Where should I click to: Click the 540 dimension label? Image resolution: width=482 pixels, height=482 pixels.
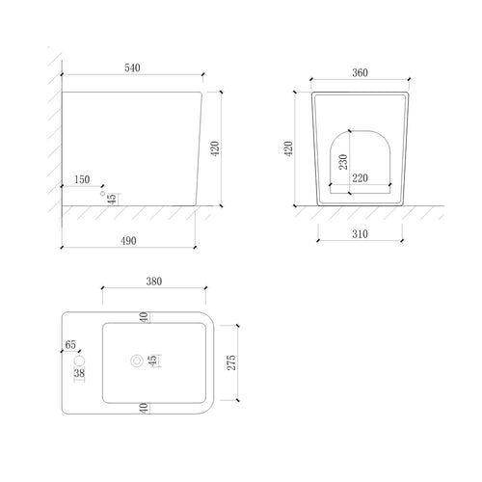point(132,67)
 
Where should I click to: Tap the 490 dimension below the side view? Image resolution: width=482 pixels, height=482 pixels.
point(128,241)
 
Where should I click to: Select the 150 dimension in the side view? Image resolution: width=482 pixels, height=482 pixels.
point(82,179)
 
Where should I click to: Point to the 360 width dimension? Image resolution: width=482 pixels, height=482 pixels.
point(360,72)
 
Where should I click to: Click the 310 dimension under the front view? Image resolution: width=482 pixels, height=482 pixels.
point(360,234)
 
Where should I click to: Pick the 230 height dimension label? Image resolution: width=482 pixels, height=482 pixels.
point(343,162)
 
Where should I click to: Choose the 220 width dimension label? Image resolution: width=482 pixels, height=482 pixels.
point(360,178)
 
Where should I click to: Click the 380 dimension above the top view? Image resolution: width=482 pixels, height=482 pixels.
point(154,281)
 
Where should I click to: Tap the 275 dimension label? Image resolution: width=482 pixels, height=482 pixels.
point(231,362)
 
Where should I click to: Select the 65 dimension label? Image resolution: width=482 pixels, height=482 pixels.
point(70,344)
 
